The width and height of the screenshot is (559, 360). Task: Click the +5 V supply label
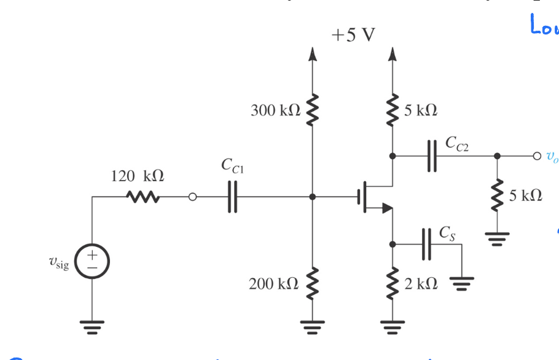(353, 35)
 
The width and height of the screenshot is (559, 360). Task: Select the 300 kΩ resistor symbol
(313, 111)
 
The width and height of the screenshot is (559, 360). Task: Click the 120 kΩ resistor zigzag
(143, 197)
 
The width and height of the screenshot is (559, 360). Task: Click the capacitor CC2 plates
(431, 155)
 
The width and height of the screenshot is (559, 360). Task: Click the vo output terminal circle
(536, 155)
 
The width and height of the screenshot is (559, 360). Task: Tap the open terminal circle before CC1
(192, 197)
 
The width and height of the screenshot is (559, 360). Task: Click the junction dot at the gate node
(313, 197)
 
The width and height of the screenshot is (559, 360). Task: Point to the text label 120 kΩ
(138, 177)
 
